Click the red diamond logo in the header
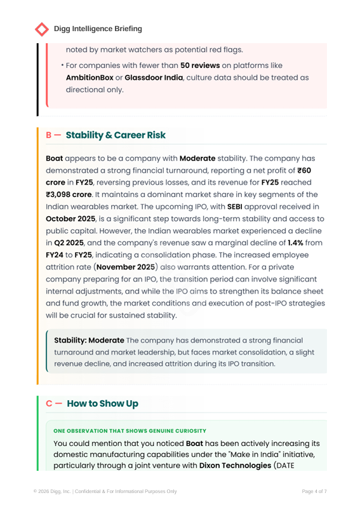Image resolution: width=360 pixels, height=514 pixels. coord(42,29)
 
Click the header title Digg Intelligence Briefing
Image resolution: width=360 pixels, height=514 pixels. coord(98,29)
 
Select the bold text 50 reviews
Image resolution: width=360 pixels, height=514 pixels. coord(200,65)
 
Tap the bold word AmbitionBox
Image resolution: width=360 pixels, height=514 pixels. coord(93,77)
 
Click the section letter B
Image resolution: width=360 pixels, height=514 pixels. coord(49,135)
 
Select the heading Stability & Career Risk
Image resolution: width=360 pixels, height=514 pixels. coord(116,135)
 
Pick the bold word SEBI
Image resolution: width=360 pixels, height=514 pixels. coord(236,206)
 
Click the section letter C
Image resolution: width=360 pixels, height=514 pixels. coord(49,403)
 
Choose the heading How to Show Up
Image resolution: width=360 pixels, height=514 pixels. coord(102,403)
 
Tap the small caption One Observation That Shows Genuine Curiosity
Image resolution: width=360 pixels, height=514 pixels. coord(130,431)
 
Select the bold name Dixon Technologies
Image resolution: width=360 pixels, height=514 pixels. coord(234,466)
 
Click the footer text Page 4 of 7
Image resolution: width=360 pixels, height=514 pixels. coord(314,491)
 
